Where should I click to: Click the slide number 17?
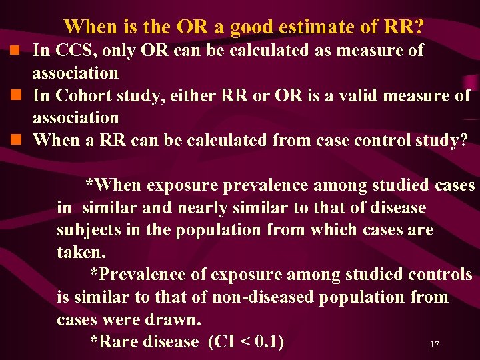coord(435,345)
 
